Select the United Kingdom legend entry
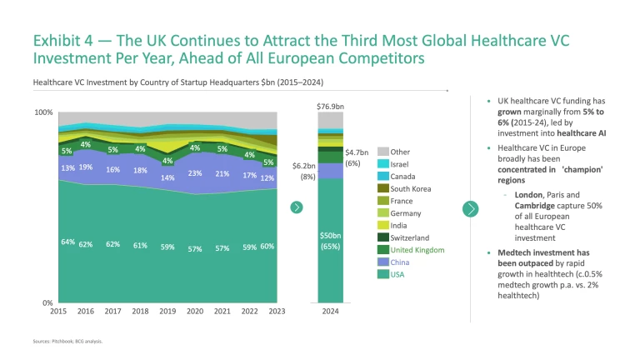point(417,250)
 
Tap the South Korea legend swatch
point(383,188)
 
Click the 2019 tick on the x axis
point(167,312)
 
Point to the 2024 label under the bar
point(331,312)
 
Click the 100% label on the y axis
point(43,112)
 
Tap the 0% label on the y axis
point(47,302)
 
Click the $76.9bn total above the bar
point(331,106)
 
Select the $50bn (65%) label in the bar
point(331,241)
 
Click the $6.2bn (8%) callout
point(303,171)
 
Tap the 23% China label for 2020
point(195,173)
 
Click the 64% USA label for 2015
point(67,242)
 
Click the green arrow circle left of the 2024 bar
point(296,207)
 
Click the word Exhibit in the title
point(56,41)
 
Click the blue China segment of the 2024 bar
point(331,170)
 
